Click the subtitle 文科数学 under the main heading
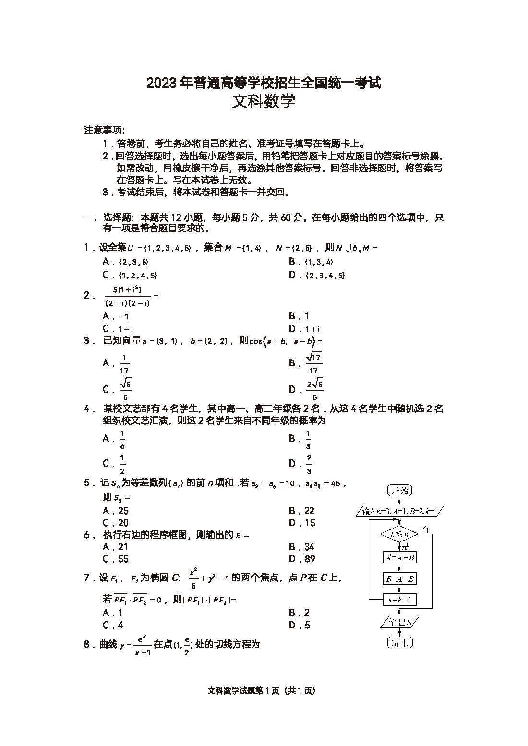(264, 102)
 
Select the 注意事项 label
(104, 130)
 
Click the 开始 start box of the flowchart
(399, 491)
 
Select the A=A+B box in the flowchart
(399, 557)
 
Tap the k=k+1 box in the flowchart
(399, 600)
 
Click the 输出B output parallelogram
(399, 623)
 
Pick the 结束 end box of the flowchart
(399, 643)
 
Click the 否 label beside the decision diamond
(425, 529)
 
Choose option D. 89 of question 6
(302, 559)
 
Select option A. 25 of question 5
(116, 511)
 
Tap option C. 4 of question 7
(113, 625)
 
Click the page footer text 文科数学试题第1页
(262, 691)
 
